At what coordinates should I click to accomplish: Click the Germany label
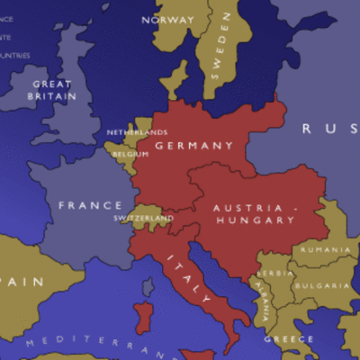coord(193,145)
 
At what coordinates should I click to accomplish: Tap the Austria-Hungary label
coord(253,213)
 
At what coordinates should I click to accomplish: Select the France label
coord(90,205)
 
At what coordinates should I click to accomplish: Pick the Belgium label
coord(130,154)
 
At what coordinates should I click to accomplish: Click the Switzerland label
coord(143,218)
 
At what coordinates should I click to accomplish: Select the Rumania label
coord(326,249)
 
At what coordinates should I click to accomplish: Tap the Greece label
coord(289,339)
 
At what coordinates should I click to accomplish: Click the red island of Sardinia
coord(143,318)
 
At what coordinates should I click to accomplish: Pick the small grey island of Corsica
coord(148,287)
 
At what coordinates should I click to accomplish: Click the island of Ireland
coord(22,85)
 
